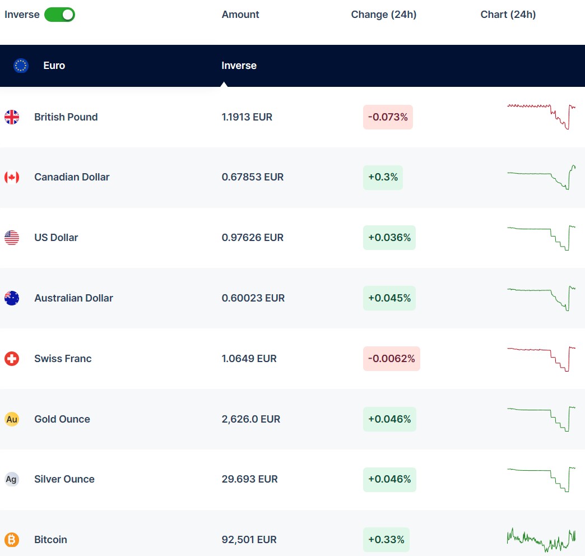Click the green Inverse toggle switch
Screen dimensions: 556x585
point(59,15)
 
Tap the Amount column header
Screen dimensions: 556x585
point(240,15)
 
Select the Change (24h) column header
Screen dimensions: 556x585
point(383,15)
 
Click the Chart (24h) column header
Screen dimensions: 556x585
point(508,15)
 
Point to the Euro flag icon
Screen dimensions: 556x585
point(21,66)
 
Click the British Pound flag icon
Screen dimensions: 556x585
point(12,117)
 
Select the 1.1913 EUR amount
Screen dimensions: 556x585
point(247,117)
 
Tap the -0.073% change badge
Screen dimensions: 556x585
point(388,117)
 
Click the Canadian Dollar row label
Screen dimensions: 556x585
point(72,177)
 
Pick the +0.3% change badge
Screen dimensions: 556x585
point(383,177)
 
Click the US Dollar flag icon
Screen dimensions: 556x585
point(12,238)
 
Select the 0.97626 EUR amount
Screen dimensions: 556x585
point(252,238)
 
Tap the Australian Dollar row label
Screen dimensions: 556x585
point(73,298)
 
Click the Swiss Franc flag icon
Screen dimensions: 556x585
point(12,359)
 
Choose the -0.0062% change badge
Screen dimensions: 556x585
point(391,359)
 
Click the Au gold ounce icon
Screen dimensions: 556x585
point(12,419)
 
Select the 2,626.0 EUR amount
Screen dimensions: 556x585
point(250,419)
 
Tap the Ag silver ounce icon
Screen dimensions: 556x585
point(12,479)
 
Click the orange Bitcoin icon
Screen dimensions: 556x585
point(12,540)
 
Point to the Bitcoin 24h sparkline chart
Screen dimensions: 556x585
point(541,540)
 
